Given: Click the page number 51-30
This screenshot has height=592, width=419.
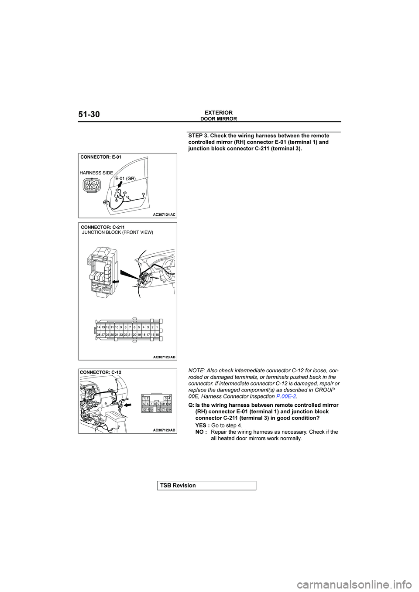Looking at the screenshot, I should coord(89,115).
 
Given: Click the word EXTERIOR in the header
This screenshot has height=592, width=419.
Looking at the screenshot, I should coord(219,112).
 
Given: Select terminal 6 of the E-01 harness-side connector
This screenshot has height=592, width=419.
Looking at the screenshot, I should coord(87,187).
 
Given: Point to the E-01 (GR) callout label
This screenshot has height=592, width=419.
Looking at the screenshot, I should coord(126,178).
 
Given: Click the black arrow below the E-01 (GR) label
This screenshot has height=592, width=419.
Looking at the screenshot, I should coord(119,185).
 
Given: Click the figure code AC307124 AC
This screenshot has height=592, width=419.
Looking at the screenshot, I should coord(164,214).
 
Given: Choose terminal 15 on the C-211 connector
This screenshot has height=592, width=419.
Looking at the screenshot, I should coord(157,334).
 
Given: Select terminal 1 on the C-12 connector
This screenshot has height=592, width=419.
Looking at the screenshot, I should coord(144,398).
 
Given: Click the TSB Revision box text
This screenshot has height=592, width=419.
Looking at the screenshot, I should coord(184,485).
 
